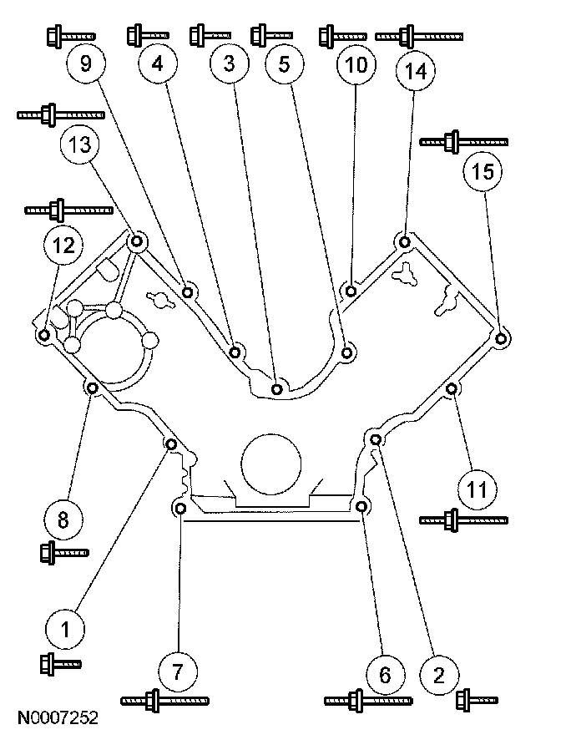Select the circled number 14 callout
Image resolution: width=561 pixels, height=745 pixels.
coord(416,71)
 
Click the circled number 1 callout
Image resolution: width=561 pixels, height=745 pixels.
coord(65,626)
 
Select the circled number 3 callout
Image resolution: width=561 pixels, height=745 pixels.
coord(230,64)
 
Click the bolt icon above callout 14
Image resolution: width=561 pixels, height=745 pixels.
coord(418,36)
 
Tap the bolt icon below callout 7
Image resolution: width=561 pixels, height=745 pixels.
coord(164,700)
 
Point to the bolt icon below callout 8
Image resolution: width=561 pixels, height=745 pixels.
coord(63,552)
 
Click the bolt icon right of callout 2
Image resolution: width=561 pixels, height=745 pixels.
coord(478,698)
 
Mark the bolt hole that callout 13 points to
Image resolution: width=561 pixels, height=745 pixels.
coord(138,242)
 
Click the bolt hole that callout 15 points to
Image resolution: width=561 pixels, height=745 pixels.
coord(501,339)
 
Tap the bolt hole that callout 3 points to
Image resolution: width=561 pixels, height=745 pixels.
coord(279,388)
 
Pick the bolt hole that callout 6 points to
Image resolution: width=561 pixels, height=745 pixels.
coord(361,507)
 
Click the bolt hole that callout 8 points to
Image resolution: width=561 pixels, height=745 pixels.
coord(93,388)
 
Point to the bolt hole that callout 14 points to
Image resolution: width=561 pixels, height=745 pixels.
coord(404,243)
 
